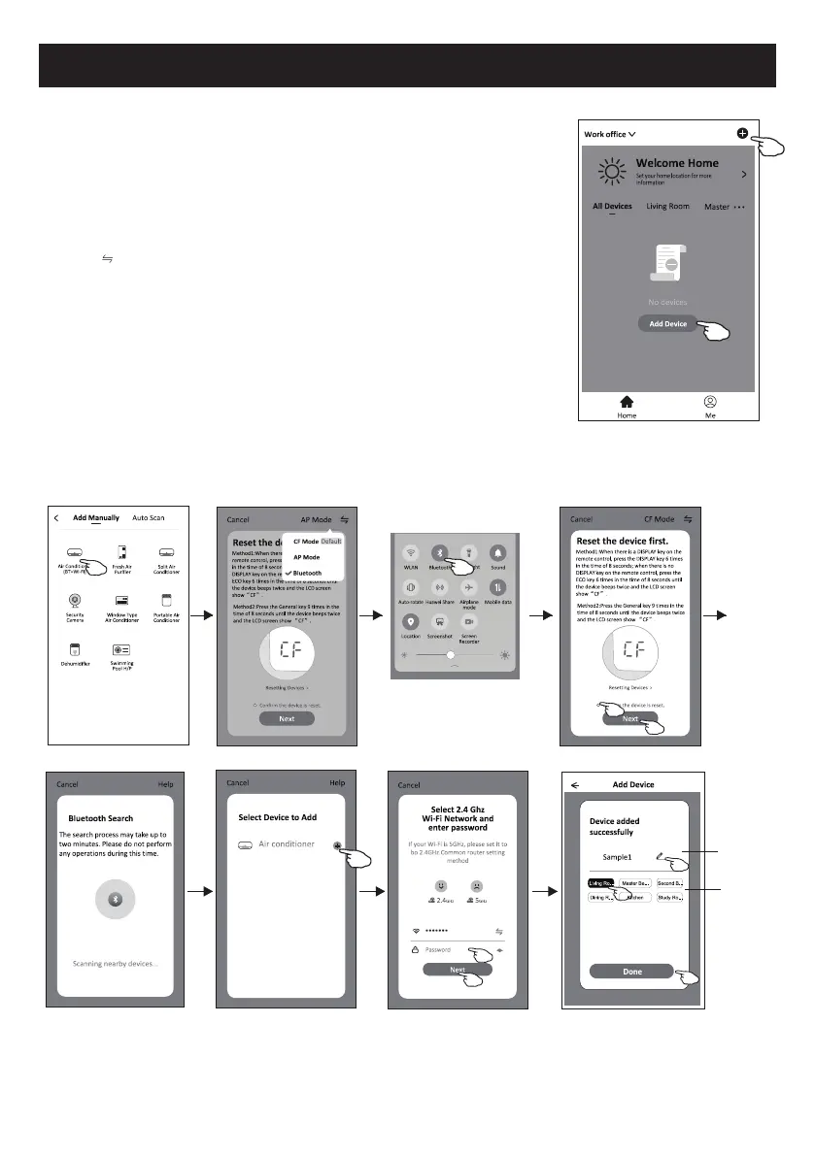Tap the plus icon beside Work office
click(742, 134)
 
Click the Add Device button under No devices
click(668, 323)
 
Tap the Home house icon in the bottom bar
click(627, 400)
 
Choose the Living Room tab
click(667, 207)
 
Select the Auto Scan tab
click(149, 518)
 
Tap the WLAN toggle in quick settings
click(410, 553)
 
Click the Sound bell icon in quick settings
click(498, 553)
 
